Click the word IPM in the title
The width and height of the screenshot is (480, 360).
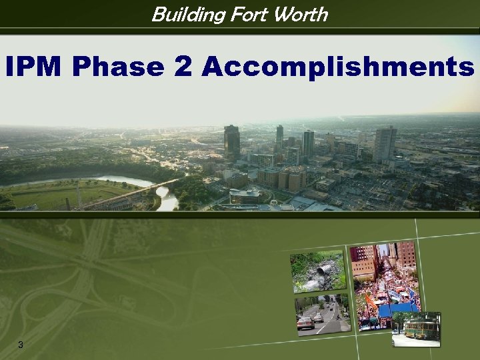[x=35, y=67]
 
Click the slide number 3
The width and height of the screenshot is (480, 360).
[x=21, y=344]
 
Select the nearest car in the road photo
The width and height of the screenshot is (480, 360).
[x=305, y=323]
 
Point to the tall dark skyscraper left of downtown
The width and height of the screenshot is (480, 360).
[x=231, y=141]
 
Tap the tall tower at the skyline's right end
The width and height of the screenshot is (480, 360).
[x=385, y=143]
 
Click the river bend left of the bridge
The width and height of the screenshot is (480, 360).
[x=120, y=181]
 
